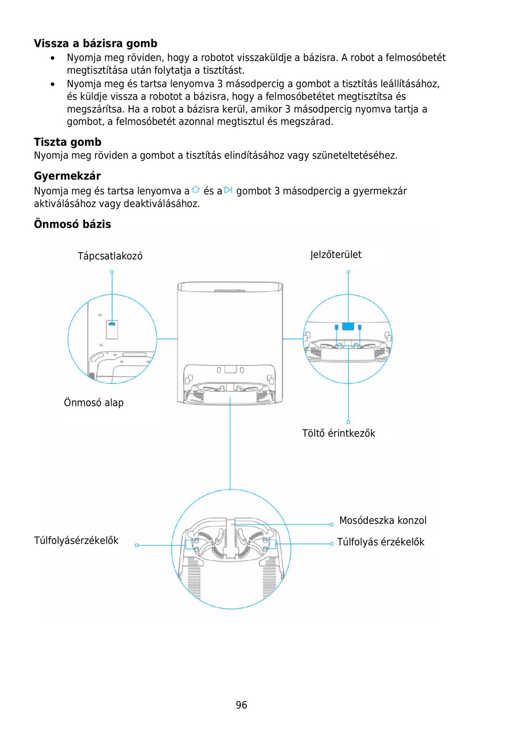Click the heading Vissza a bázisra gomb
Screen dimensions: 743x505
[x=96, y=44]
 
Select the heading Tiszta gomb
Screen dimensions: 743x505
[x=68, y=142]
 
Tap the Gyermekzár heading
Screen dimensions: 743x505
[x=68, y=176]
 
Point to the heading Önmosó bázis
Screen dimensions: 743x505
[x=72, y=224]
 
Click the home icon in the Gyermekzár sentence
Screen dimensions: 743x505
[x=196, y=190]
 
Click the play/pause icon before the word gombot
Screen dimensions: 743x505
[x=229, y=190]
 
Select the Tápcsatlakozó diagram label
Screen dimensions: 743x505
[x=110, y=256]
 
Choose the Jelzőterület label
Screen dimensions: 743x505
[x=336, y=255]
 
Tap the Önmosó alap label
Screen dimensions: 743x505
[x=94, y=403]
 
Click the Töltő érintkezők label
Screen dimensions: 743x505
[x=339, y=433]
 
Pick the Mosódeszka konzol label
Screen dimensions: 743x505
[x=383, y=521]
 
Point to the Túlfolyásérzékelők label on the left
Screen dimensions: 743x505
[x=76, y=540]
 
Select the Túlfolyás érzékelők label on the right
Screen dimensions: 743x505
[x=381, y=542]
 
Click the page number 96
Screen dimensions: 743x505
[x=241, y=705]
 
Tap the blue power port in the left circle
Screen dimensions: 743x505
[x=112, y=323]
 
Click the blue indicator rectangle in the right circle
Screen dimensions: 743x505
[x=348, y=326]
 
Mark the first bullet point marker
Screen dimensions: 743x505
[x=53, y=58]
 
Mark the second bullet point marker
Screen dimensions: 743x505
[x=53, y=84]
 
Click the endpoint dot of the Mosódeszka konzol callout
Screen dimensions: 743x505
[x=332, y=524]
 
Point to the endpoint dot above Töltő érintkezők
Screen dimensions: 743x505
[x=348, y=422]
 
